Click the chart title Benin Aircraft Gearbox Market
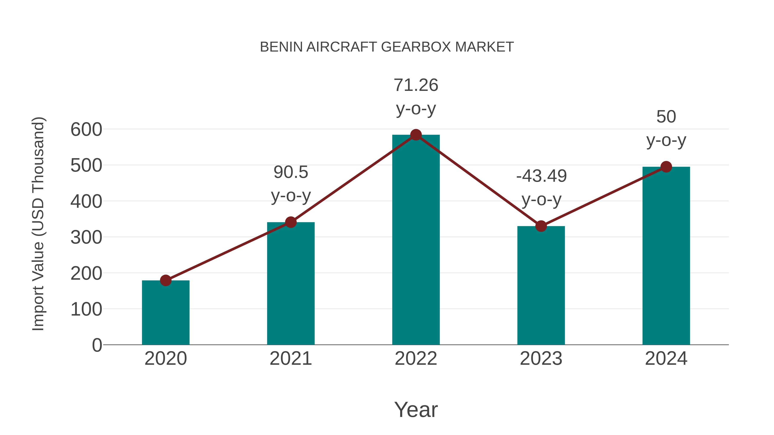point(387,47)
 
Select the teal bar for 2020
point(166,314)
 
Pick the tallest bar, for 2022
point(416,240)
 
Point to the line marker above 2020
point(166,280)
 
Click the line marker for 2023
point(541,226)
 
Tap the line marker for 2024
point(666,167)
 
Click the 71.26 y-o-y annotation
point(416,97)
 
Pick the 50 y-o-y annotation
point(666,128)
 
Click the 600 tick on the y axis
point(86,130)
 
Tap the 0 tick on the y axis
point(97,345)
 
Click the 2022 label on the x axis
point(416,359)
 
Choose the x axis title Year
point(416,409)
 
